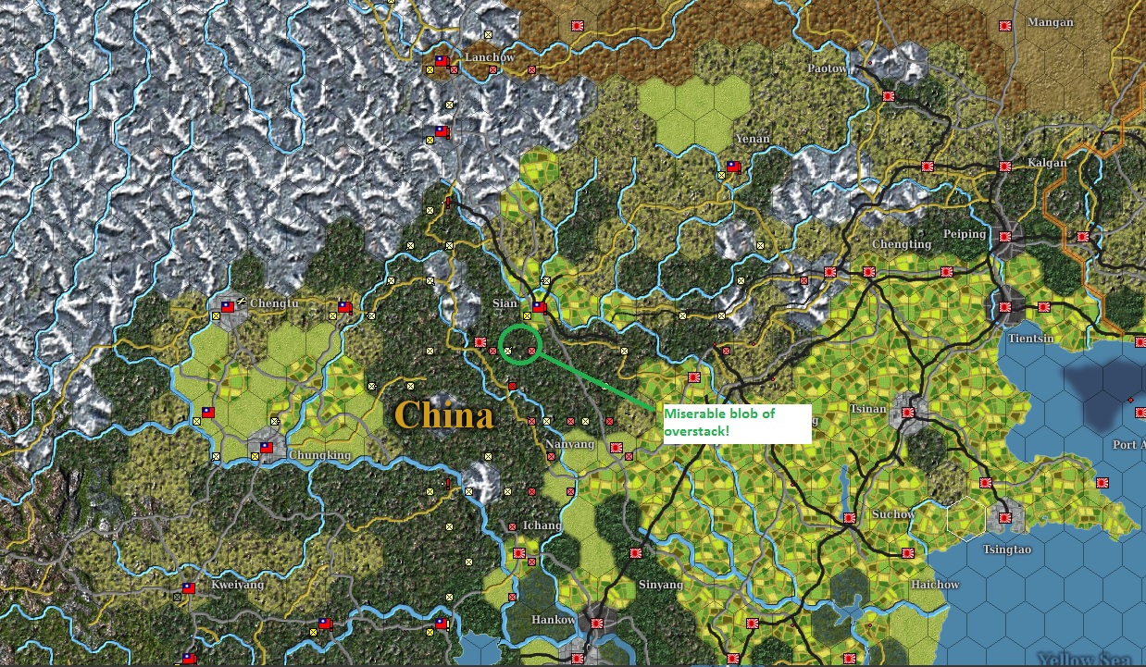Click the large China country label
(x=443, y=414)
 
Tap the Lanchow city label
(x=490, y=57)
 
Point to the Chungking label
(x=319, y=455)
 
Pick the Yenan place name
(x=752, y=139)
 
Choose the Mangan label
(x=1051, y=22)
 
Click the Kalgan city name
(x=1047, y=163)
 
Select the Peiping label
(x=965, y=234)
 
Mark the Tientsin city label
(x=1030, y=339)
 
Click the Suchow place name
(x=893, y=514)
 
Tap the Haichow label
(x=935, y=585)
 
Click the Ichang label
(x=542, y=525)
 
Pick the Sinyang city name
(x=661, y=585)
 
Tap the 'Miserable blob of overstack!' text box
(x=737, y=424)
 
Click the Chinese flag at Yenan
(x=733, y=167)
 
